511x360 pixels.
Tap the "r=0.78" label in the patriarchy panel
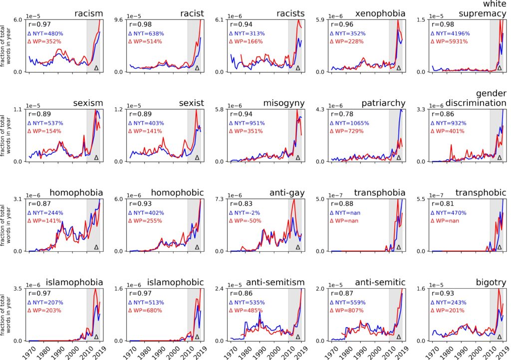[339, 114]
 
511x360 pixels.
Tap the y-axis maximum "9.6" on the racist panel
[119, 20]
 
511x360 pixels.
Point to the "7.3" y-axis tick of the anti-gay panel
[220, 199]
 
